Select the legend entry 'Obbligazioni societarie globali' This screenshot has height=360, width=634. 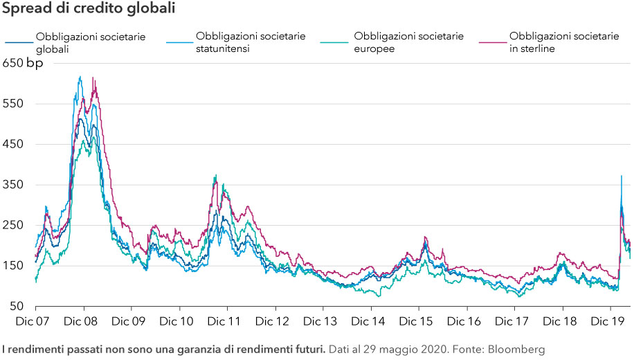click(91, 42)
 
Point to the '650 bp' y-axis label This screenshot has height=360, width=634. click(23, 64)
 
